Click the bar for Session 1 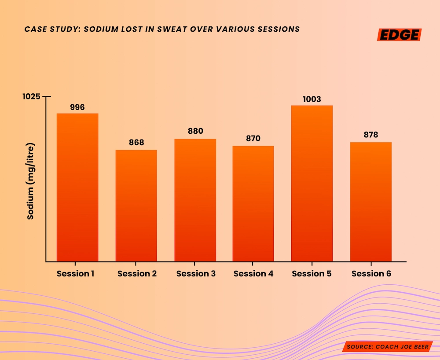77,187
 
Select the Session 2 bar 136,206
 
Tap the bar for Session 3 195,200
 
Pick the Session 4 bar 253,204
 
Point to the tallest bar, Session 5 312,184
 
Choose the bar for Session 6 371,202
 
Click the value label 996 77,107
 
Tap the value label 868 136,143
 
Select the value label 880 195,131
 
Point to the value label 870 253,138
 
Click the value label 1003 312,99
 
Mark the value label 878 371,135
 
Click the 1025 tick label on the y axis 31,96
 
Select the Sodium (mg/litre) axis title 30,181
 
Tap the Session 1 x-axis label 76,274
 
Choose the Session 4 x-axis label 253,274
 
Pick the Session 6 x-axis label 371,274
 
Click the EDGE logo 399,35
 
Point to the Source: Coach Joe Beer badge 387,347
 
